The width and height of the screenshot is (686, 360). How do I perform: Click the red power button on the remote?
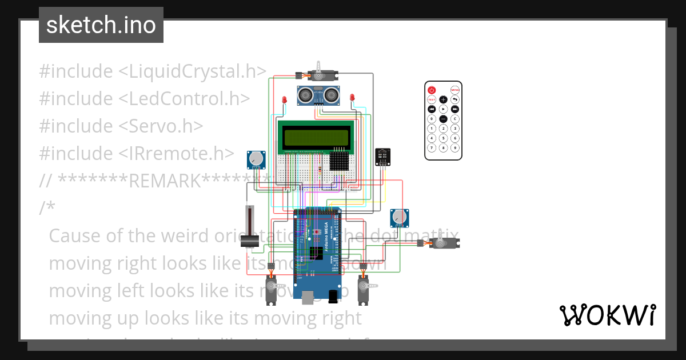click(432, 90)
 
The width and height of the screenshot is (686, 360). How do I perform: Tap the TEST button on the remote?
click(432, 99)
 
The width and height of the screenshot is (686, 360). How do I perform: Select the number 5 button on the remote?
click(443, 138)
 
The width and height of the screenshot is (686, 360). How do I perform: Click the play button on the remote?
click(443, 109)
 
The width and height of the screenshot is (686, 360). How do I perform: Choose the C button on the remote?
click(455, 119)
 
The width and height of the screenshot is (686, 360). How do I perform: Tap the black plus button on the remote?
click(443, 99)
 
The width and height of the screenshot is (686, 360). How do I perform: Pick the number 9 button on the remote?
click(455, 147)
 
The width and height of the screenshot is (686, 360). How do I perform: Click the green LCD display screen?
click(315, 138)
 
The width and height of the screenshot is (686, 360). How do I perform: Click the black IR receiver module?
click(383, 156)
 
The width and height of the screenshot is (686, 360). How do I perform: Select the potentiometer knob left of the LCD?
click(257, 159)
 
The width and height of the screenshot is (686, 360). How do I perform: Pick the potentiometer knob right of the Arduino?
click(400, 217)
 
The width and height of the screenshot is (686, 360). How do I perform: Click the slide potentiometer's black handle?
click(249, 242)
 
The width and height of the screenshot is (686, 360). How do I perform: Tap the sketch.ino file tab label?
click(101, 25)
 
